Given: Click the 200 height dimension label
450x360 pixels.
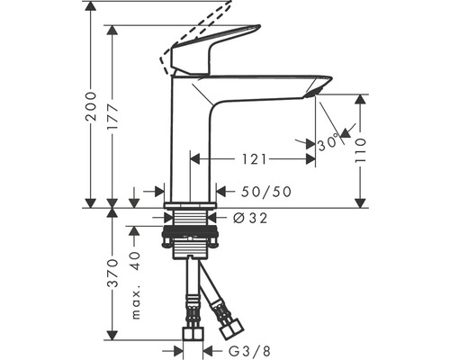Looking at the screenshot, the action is (91, 106).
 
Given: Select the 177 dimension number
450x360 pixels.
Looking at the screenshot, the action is (112, 118).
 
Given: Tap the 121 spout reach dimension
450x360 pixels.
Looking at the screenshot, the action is (254, 159).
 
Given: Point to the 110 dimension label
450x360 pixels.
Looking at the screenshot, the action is (360, 150).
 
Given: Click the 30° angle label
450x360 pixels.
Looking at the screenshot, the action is (328, 143).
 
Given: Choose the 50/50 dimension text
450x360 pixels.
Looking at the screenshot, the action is (266, 192).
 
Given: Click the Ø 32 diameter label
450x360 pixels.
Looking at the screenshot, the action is (250, 218).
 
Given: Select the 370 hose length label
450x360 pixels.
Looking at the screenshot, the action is (112, 273).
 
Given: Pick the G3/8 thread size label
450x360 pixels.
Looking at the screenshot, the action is (249, 350).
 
